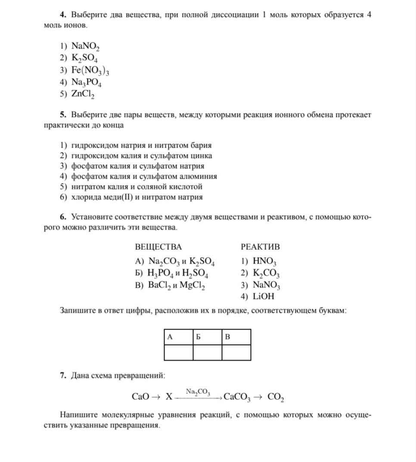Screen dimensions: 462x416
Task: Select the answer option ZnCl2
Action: click(x=83, y=94)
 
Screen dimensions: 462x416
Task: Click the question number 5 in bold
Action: click(x=63, y=115)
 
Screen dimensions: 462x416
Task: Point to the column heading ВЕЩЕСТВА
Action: click(x=158, y=247)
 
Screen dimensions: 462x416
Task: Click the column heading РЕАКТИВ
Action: click(x=260, y=247)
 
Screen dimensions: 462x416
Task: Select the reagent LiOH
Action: click(x=264, y=297)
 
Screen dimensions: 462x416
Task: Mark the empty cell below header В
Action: click(x=236, y=352)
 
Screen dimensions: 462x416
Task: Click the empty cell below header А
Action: click(x=178, y=352)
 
